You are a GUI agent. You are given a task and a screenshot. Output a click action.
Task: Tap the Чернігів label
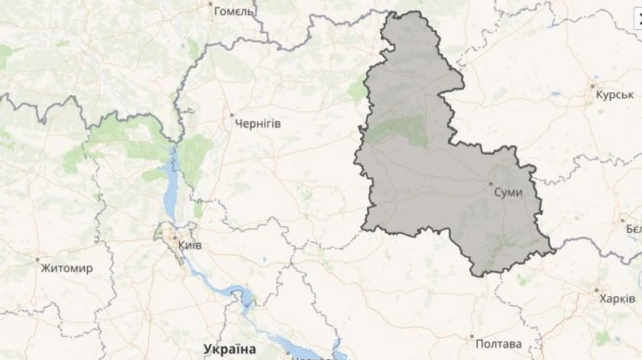258,124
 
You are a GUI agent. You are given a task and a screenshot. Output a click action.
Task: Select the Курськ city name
615,95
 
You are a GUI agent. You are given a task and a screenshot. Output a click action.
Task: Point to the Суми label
509,192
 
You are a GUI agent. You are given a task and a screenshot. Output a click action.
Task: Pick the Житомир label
66,269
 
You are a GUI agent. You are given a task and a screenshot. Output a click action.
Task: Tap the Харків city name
617,299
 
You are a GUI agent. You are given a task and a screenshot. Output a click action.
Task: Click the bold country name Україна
230,349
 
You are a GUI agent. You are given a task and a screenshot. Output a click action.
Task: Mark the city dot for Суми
491,185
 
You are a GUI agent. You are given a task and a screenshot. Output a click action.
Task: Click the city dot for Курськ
592,86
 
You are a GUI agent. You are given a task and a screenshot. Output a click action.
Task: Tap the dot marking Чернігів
231,114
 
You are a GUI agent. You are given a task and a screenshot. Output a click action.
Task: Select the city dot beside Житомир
37,259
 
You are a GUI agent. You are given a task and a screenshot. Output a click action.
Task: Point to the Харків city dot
596,289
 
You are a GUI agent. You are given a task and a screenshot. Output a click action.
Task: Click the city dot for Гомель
211,4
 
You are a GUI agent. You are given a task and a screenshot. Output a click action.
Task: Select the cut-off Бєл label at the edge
633,229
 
